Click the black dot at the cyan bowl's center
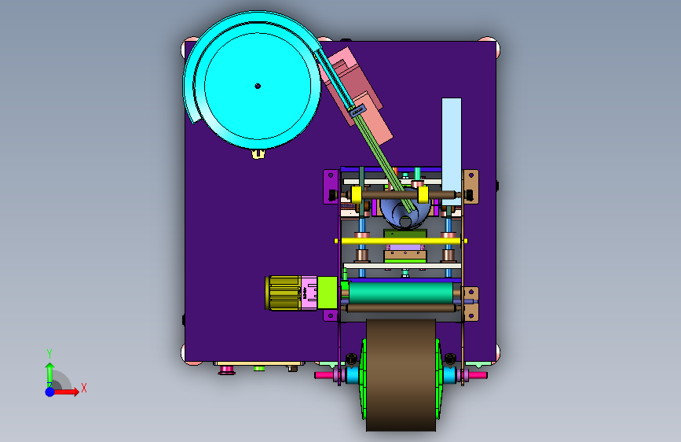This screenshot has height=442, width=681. click(258, 87)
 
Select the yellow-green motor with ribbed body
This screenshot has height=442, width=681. click(283, 293)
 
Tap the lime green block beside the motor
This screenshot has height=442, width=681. click(328, 293)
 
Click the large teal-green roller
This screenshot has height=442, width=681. click(401, 293)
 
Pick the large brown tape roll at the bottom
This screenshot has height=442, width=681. click(401, 375)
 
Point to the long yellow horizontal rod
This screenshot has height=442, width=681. click(401, 241)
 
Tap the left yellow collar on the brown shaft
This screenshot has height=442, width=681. click(356, 194)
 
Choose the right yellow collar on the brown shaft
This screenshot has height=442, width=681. click(423, 194)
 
